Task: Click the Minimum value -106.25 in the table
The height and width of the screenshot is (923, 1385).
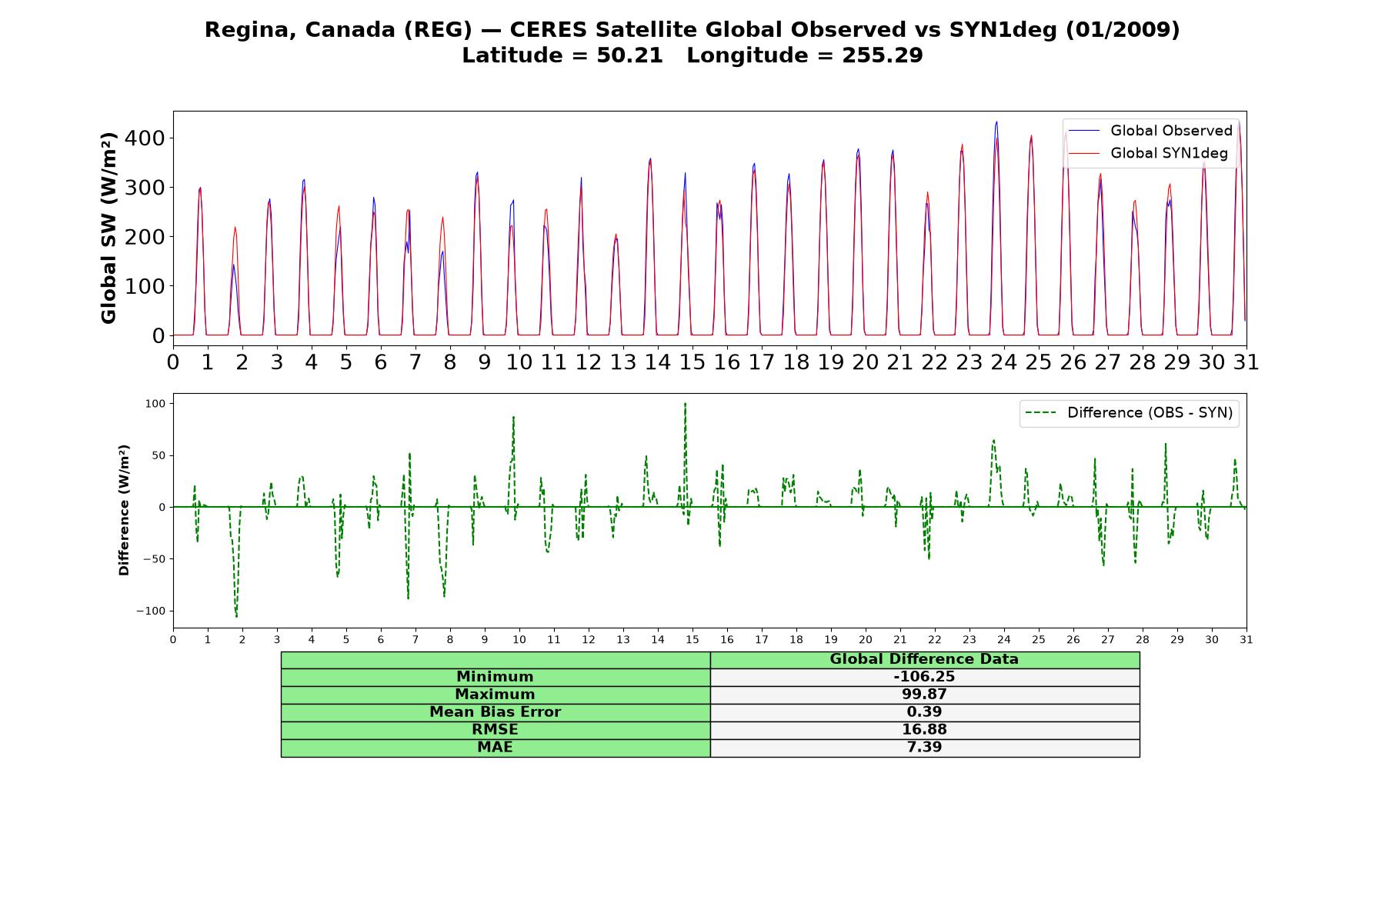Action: coord(924,677)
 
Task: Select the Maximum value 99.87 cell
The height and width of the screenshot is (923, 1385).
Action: coord(924,695)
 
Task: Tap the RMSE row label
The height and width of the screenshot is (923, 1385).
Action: coord(495,730)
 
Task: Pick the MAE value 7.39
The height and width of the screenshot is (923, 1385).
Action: coord(924,748)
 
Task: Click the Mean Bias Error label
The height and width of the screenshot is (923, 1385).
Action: coord(495,712)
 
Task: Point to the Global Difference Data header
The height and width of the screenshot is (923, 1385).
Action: coord(924,659)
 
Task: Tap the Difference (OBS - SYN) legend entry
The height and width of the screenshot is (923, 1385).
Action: coord(1130,413)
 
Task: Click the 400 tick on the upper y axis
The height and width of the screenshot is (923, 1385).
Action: coord(147,138)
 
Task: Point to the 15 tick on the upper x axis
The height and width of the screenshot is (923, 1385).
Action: coord(692,362)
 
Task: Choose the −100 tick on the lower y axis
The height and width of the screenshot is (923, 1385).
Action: coord(154,611)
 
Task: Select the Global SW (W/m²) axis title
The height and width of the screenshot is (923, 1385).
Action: coord(108,228)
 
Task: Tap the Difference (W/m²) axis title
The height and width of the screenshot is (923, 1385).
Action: coord(124,511)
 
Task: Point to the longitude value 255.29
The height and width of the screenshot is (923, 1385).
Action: coord(882,55)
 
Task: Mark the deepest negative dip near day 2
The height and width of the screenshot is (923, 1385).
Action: coord(236,617)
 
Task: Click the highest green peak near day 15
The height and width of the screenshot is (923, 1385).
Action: coord(685,403)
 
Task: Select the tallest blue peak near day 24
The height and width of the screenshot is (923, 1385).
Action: coord(996,122)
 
